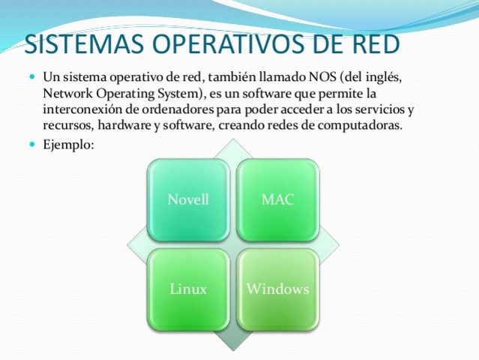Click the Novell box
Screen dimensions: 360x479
click(x=188, y=199)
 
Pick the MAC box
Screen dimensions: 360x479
click(x=277, y=199)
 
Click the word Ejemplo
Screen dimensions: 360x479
click(x=68, y=144)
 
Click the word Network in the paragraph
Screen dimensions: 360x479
click(x=67, y=94)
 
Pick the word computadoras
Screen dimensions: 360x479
click(x=361, y=126)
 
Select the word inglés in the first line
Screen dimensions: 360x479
click(x=391, y=78)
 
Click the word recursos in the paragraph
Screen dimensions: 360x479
click(x=64, y=126)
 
